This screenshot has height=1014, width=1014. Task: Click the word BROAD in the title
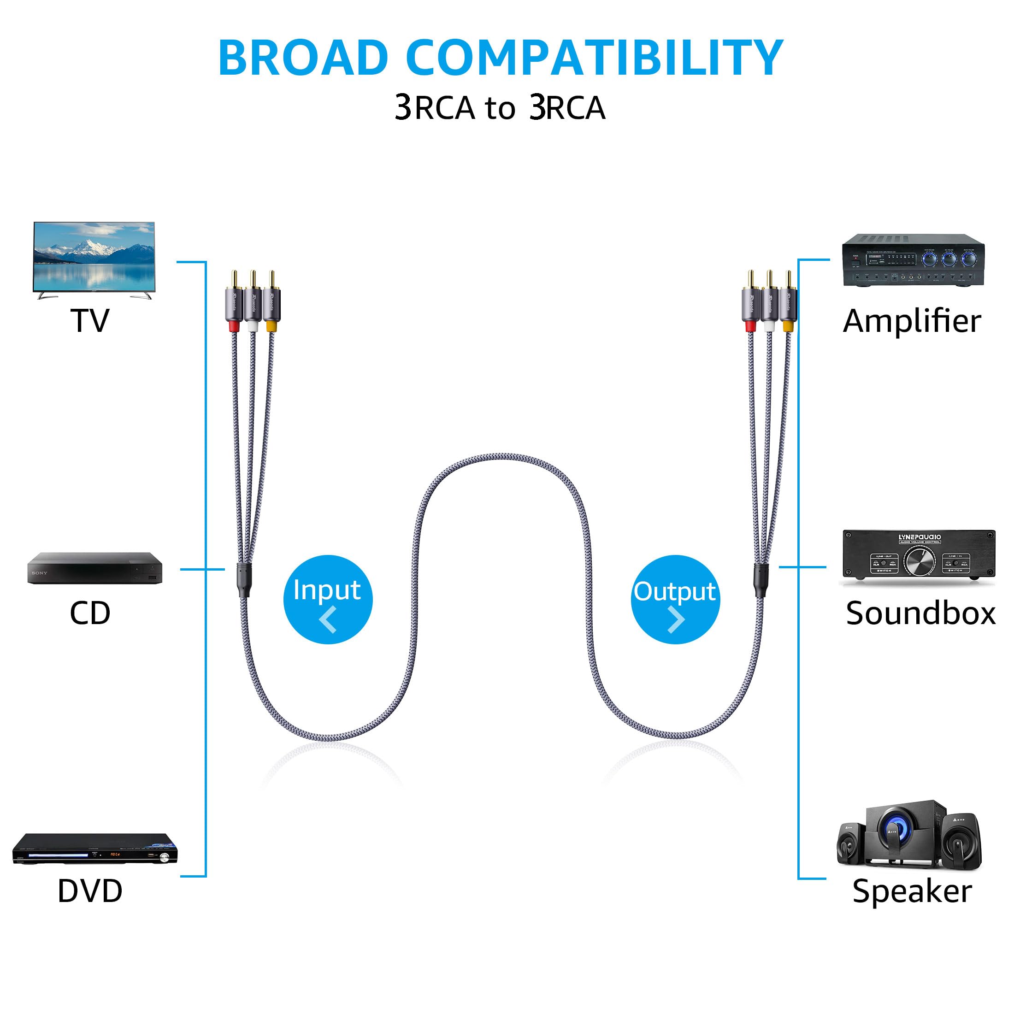(x=303, y=58)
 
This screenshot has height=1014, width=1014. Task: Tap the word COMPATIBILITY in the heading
(x=595, y=58)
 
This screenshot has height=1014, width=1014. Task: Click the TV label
(x=90, y=321)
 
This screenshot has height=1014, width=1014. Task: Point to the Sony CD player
(x=94, y=568)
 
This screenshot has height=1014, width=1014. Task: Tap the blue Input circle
(x=328, y=599)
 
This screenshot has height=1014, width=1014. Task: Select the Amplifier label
(x=912, y=321)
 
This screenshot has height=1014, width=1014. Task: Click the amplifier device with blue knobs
(x=913, y=260)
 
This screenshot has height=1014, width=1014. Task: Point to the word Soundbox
(x=920, y=613)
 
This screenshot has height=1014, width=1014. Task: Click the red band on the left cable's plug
(x=235, y=326)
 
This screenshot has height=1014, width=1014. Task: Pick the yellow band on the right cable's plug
(x=788, y=326)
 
